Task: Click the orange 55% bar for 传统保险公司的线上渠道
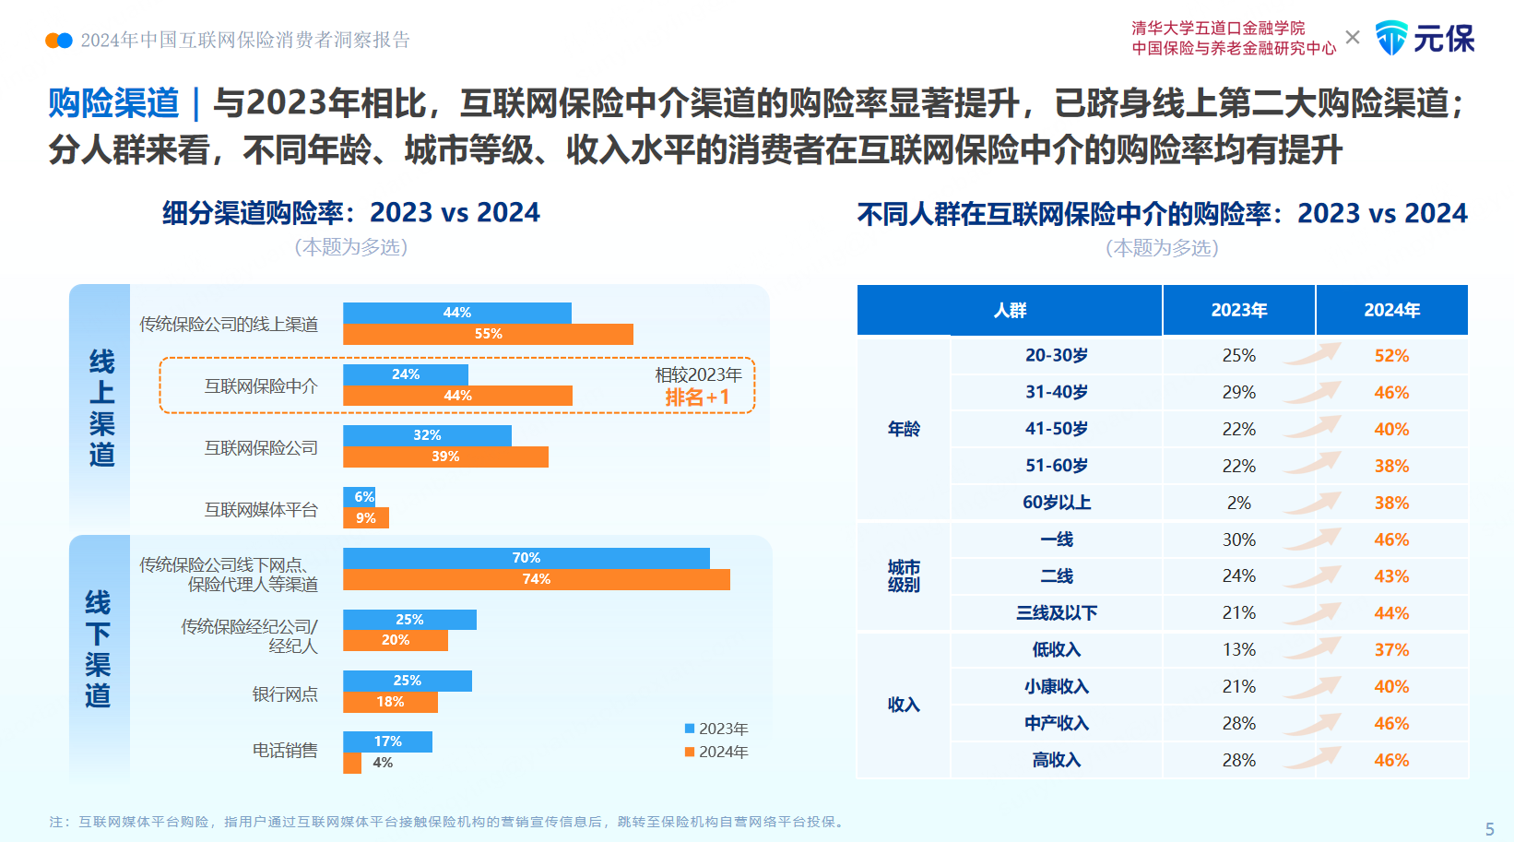[x=488, y=334]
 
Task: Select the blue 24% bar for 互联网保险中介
[x=406, y=374]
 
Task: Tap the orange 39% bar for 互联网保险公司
[x=445, y=457]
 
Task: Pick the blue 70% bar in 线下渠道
[x=526, y=558]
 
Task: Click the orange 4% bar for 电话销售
[x=352, y=763]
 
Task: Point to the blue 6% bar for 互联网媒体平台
[x=359, y=496]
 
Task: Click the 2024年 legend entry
[x=716, y=752]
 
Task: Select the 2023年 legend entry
[x=716, y=729]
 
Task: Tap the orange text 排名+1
[x=697, y=397]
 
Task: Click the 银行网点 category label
[x=285, y=694]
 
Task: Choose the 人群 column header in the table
[x=1010, y=310]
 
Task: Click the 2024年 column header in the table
[x=1391, y=310]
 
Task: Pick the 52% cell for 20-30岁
[x=1391, y=356]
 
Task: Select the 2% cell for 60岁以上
[x=1238, y=503]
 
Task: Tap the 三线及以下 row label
[x=1057, y=613]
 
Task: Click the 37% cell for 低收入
[x=1391, y=650]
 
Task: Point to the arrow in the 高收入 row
[x=1313, y=758]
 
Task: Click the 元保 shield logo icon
[x=1391, y=38]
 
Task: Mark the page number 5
[x=1489, y=829]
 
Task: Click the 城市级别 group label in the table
[x=904, y=575]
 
